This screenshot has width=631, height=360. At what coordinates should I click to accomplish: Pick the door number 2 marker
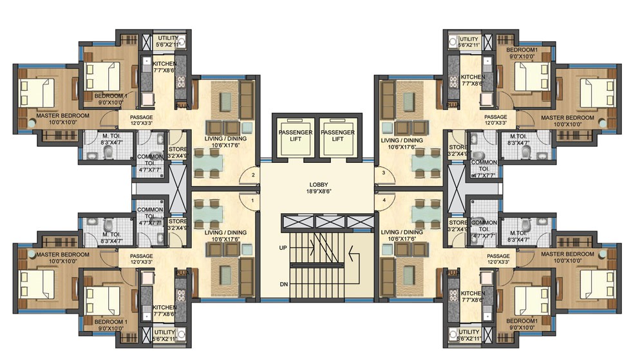(253, 175)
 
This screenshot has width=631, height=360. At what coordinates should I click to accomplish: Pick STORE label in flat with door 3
(458, 151)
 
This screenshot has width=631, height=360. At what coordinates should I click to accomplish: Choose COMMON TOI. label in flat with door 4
(484, 226)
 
